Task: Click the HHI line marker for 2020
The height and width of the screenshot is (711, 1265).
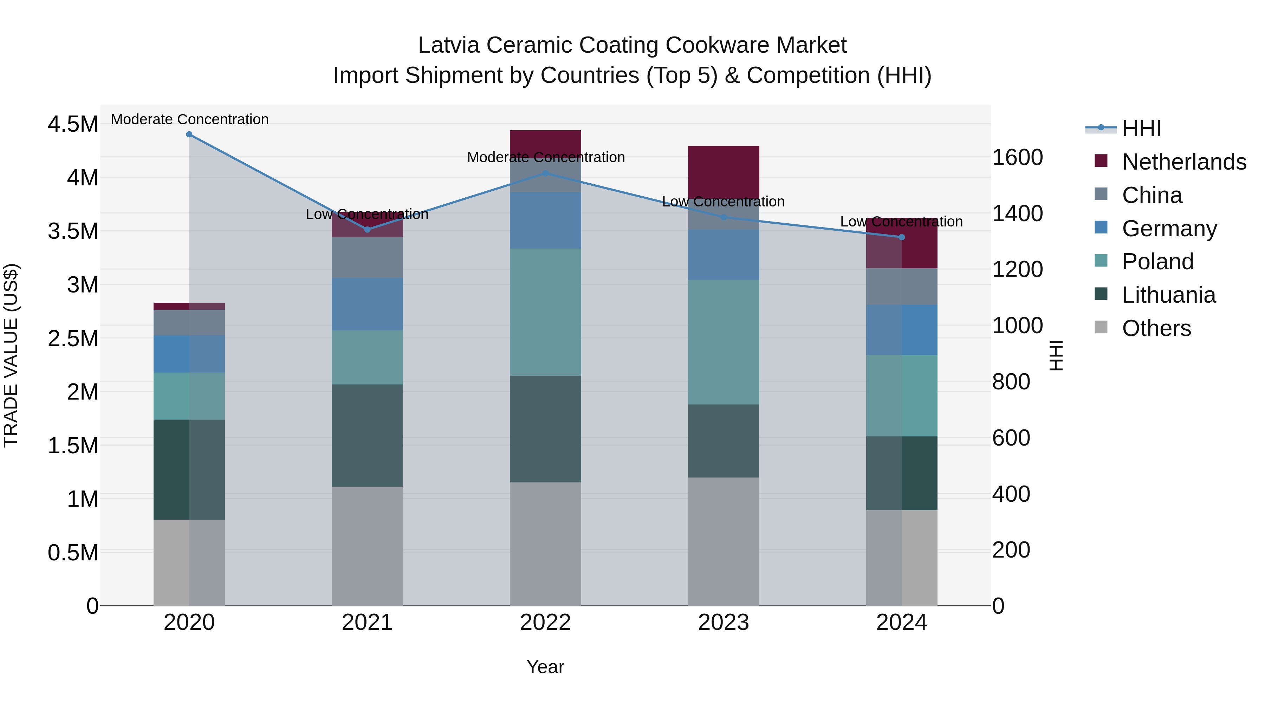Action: [189, 134]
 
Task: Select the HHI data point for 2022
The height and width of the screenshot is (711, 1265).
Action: [545, 173]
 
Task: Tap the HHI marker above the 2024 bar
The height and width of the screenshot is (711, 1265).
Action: [902, 237]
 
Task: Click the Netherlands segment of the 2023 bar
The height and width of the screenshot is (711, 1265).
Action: [724, 172]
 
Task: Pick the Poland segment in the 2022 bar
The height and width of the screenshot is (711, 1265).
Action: [545, 312]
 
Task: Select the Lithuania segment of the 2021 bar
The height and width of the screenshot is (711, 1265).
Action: [367, 435]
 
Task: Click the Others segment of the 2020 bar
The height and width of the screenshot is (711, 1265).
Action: [189, 562]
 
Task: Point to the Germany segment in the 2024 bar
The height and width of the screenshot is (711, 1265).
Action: [902, 330]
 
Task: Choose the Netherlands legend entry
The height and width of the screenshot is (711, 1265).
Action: [1183, 162]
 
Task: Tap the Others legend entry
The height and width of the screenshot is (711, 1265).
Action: [1156, 328]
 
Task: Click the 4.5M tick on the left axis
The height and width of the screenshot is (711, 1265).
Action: [73, 124]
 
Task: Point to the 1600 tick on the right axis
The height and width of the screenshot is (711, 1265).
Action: [1018, 158]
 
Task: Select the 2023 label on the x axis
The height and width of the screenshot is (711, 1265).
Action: [724, 623]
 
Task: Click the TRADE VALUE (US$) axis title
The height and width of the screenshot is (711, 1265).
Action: [11, 355]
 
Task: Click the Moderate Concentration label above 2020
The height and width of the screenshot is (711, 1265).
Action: [189, 119]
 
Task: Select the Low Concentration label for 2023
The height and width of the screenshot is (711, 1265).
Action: [724, 202]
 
